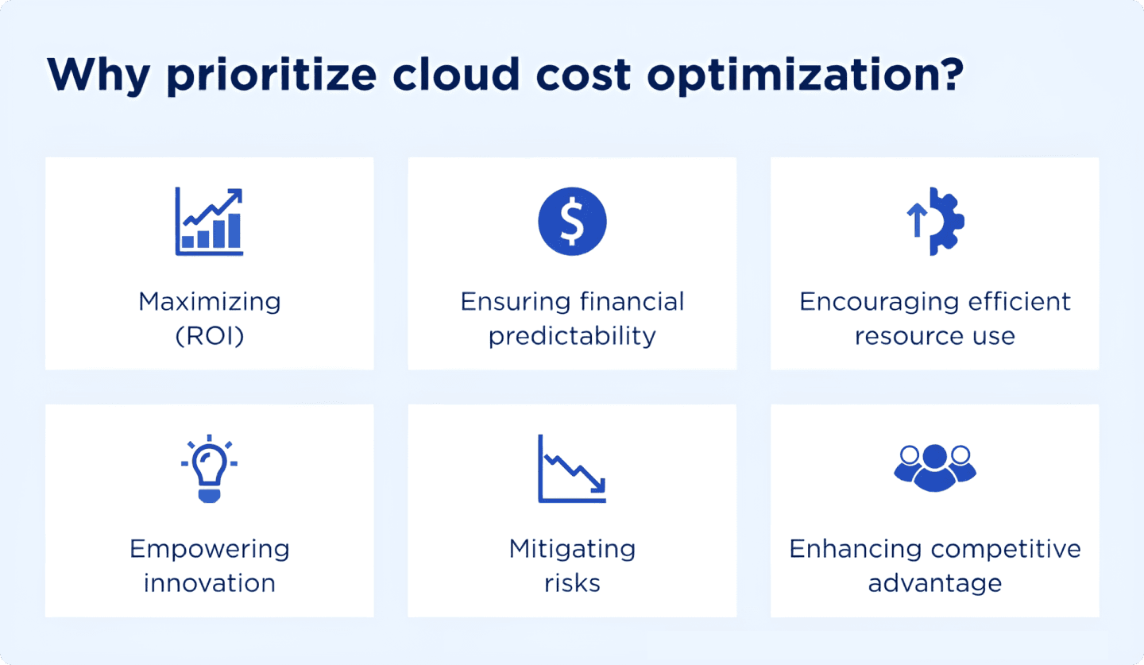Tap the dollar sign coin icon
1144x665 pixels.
point(572,221)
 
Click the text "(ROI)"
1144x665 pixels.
point(209,336)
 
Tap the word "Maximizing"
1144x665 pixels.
point(209,302)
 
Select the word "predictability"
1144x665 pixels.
point(572,336)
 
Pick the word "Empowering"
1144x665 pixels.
point(209,549)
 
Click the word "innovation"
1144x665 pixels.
point(209,583)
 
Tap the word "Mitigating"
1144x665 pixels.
point(572,549)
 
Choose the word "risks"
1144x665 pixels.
point(572,583)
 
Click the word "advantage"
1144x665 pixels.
point(935,583)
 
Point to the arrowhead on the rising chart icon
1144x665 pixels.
point(235,195)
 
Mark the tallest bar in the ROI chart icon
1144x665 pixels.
point(234,230)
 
